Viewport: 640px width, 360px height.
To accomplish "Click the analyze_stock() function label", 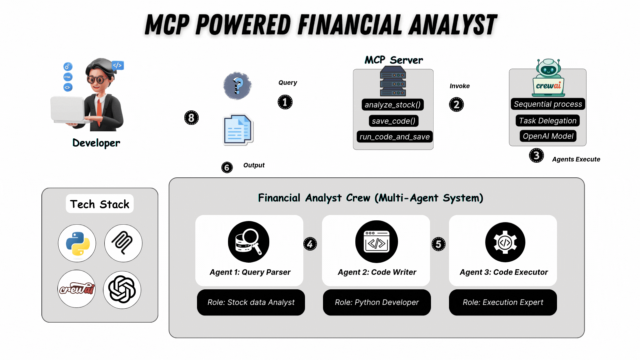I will [393, 105].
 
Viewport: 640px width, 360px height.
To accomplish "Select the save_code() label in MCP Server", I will [393, 121].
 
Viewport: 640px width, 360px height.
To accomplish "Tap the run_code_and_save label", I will [394, 137].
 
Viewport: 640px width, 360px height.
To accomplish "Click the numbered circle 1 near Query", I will [285, 102].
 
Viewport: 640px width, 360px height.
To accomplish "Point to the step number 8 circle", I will [191, 118].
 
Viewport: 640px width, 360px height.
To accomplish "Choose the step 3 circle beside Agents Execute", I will [536, 155].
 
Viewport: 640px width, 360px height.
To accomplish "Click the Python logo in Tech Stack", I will [77, 244].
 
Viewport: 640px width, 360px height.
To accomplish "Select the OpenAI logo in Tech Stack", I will [122, 289].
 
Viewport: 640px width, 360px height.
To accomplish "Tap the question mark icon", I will [237, 86].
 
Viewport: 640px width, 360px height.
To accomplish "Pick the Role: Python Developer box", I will [377, 302].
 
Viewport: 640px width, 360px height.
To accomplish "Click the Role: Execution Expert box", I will [503, 302].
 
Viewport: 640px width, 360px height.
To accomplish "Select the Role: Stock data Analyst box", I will [251, 302].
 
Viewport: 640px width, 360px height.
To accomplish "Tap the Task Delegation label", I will [548, 121].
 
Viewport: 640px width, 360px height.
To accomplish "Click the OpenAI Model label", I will [548, 136].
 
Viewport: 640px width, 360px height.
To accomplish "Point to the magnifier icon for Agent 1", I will [249, 242].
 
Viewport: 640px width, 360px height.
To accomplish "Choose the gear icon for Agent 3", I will [505, 242].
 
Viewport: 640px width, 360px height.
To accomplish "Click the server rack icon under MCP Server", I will [393, 81].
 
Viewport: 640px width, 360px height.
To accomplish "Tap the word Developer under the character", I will [96, 143].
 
